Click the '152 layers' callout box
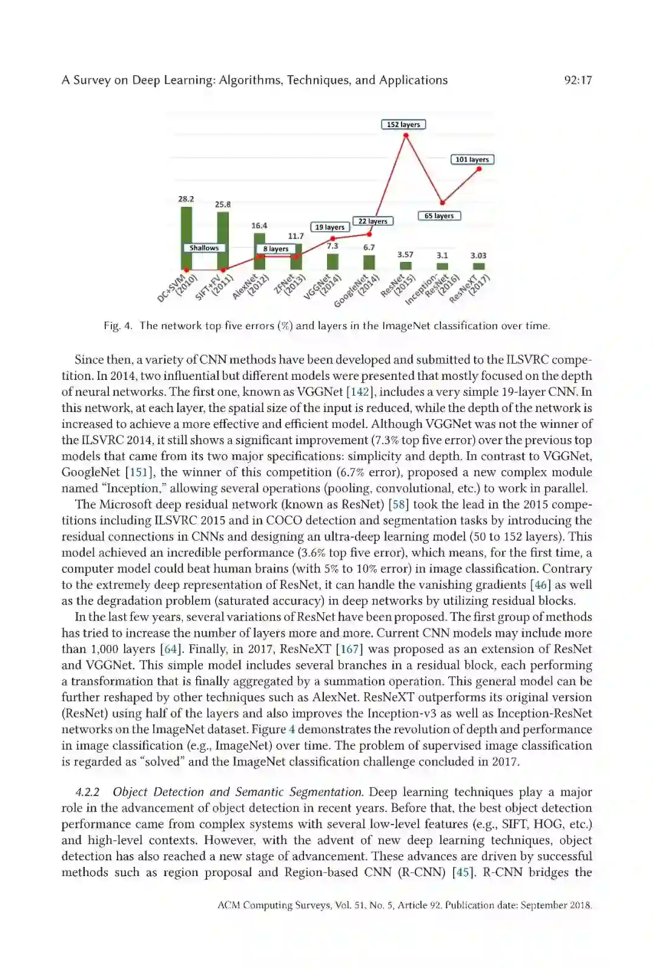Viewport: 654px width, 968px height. click(403, 125)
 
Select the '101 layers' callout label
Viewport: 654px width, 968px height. click(472, 160)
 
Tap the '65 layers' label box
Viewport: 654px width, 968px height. click(439, 216)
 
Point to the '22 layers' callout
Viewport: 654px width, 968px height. click(372, 221)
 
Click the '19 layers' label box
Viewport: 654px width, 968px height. click(330, 227)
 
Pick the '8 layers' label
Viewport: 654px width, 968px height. click(276, 249)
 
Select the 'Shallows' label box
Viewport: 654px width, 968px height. click(204, 248)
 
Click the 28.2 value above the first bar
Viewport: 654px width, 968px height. click(186, 199)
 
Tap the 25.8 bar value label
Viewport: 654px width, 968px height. click(223, 204)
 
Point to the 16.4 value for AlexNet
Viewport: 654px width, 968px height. click(259, 226)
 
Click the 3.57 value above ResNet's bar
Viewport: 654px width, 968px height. click(405, 255)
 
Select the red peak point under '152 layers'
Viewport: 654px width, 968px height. click(406, 136)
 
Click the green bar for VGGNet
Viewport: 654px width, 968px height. click(332, 262)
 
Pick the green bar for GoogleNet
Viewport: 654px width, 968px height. click(369, 263)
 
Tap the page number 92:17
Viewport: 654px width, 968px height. click(578, 80)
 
